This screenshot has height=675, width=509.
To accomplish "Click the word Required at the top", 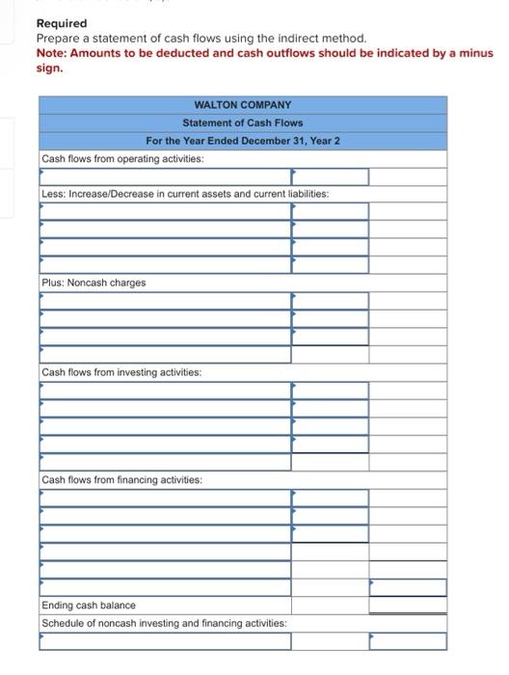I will pos(61,23).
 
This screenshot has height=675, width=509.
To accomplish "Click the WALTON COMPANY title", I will pos(243,104).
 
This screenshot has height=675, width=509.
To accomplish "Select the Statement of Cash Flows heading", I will pos(243,122).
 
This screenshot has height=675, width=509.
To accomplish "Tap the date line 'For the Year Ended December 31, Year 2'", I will pos(243,141).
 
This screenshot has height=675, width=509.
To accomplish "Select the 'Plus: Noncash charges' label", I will pos(94,283).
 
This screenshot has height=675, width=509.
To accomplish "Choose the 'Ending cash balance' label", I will pos(89,606).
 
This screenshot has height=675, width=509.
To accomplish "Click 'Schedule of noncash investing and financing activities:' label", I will pos(164,623).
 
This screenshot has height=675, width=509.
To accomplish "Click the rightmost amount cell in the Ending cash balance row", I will pos(408,606).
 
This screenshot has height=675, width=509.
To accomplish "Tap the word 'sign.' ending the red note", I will pos(49,67).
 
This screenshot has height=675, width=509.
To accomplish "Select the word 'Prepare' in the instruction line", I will pos(60,38).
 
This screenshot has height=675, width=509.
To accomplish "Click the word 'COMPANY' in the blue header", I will pos(262,104).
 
